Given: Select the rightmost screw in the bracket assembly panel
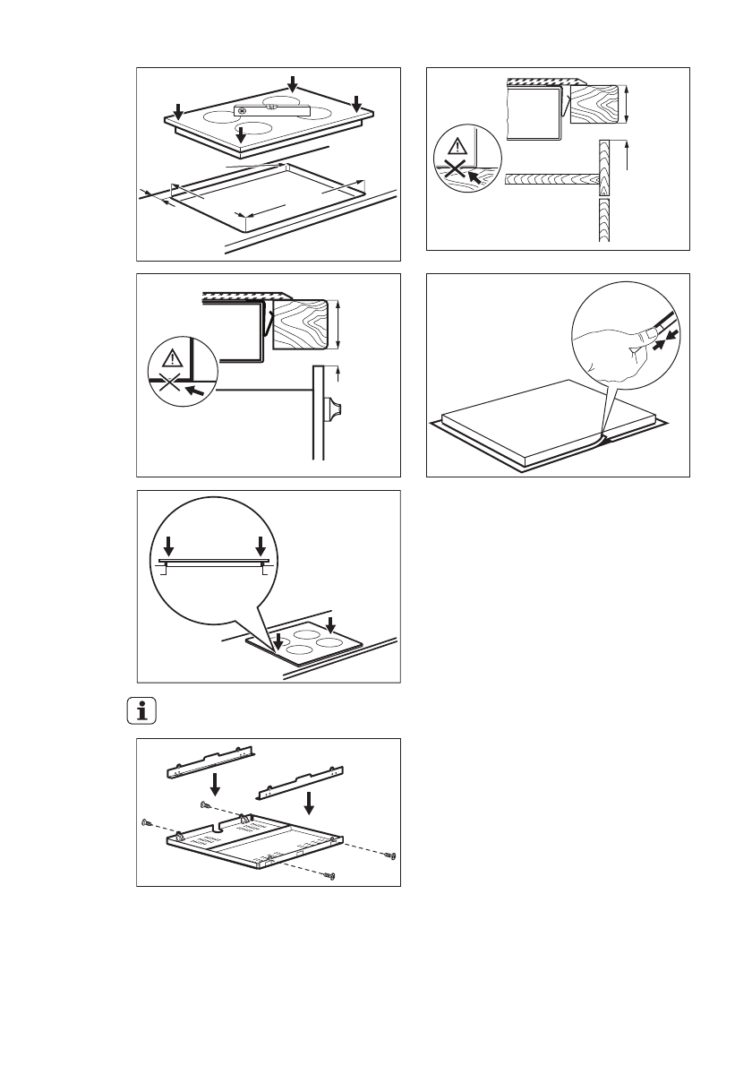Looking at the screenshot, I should click(390, 857).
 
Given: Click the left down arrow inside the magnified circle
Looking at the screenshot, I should click(169, 546).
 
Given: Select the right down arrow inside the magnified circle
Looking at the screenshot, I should click(261, 546).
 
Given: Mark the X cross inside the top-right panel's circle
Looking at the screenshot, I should click(457, 171).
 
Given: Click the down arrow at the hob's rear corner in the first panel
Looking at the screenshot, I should click(294, 82).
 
